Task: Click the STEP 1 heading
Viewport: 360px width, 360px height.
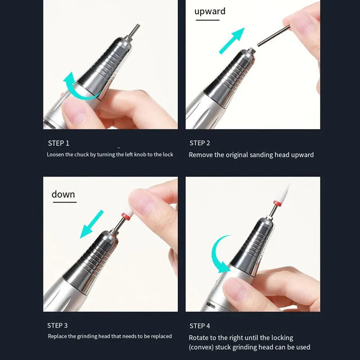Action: coord(58,143)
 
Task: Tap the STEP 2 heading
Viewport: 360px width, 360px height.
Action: coord(200,143)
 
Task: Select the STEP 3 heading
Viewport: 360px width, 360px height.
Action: coord(58,325)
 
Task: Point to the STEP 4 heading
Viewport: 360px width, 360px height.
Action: coord(200,326)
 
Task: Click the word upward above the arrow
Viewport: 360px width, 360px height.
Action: coord(210,11)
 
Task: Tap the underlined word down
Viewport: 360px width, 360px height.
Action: coord(63,194)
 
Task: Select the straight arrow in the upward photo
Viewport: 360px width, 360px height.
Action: coord(232,40)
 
